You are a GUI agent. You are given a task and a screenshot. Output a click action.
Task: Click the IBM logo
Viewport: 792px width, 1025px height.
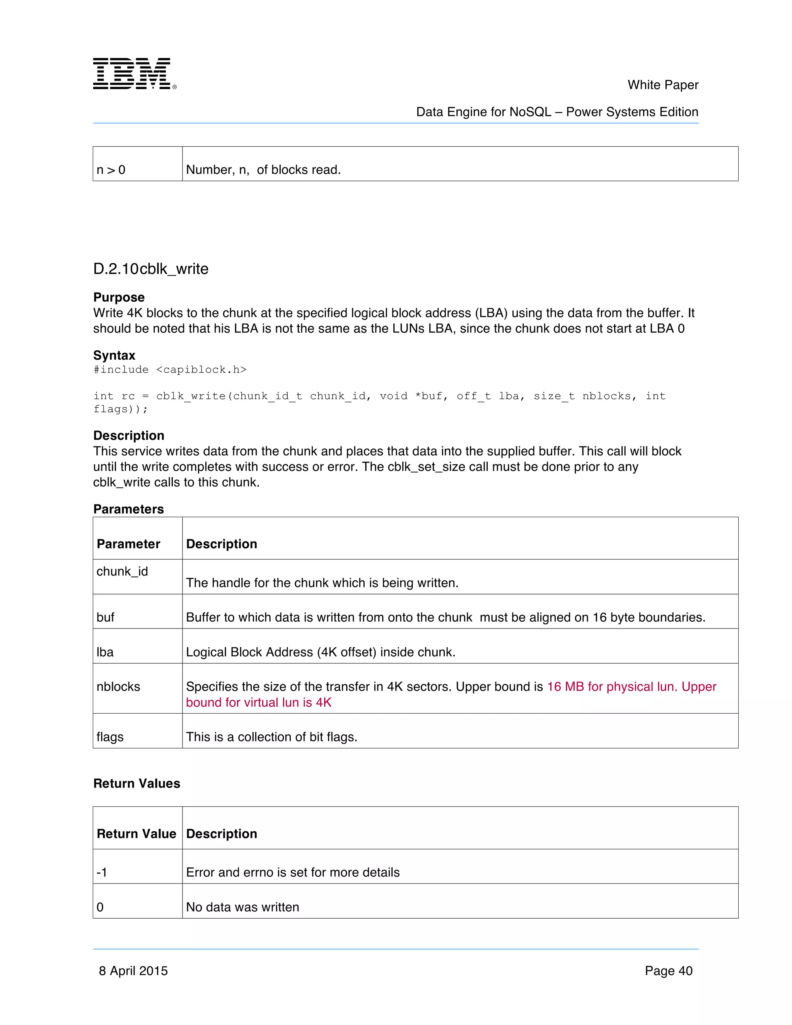pos(134,73)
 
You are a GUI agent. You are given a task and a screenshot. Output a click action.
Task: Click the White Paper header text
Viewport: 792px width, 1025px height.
pos(662,85)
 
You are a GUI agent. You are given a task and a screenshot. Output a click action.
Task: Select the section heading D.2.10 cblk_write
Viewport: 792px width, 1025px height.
pos(150,269)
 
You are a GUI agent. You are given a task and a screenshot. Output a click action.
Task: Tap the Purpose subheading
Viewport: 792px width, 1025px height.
pos(119,297)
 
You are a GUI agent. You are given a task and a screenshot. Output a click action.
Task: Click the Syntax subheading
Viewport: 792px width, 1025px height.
pos(114,355)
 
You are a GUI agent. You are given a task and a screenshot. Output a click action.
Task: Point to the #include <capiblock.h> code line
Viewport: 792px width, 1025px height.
pos(170,370)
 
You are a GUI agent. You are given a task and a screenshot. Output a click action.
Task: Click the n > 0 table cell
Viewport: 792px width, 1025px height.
pos(111,169)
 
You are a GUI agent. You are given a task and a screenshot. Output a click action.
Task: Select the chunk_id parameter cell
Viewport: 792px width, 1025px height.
pos(122,571)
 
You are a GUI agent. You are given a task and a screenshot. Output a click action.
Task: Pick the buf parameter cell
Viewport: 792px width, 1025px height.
pos(106,617)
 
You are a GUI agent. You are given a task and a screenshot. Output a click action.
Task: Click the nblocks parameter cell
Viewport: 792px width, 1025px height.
pos(118,687)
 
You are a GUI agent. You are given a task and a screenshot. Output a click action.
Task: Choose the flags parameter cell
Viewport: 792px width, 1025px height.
pos(110,737)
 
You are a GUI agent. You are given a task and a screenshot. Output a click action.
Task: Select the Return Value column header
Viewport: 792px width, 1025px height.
pos(136,834)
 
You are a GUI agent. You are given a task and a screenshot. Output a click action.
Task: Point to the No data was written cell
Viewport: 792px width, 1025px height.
pos(242,907)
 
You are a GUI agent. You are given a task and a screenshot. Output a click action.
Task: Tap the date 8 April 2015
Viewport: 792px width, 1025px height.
pos(133,970)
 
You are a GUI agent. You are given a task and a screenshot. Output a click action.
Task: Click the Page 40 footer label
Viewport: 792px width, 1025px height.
pos(668,970)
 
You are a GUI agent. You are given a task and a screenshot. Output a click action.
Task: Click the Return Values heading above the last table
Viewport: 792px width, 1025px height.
pos(137,783)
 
